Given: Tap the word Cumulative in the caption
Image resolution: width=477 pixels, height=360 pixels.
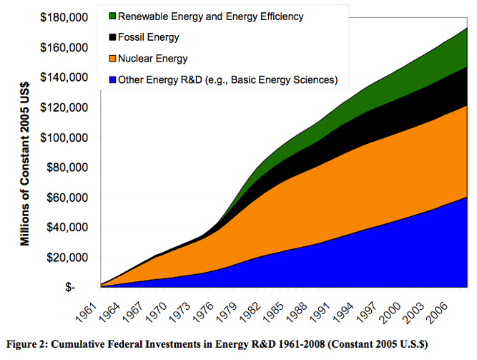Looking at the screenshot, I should point(78,344).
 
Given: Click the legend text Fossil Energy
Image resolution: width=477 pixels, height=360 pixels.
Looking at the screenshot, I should point(148,37).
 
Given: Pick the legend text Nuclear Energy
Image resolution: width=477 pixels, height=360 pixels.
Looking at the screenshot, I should point(152,58).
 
